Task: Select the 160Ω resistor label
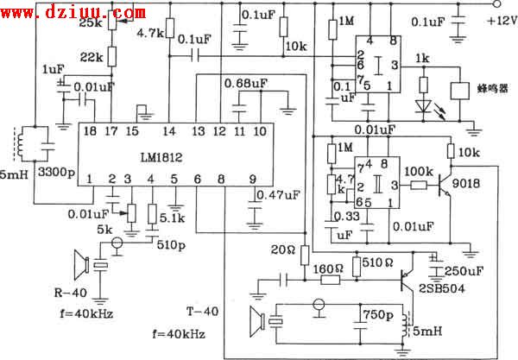click(x=327, y=268)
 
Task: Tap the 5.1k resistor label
click(x=169, y=230)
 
